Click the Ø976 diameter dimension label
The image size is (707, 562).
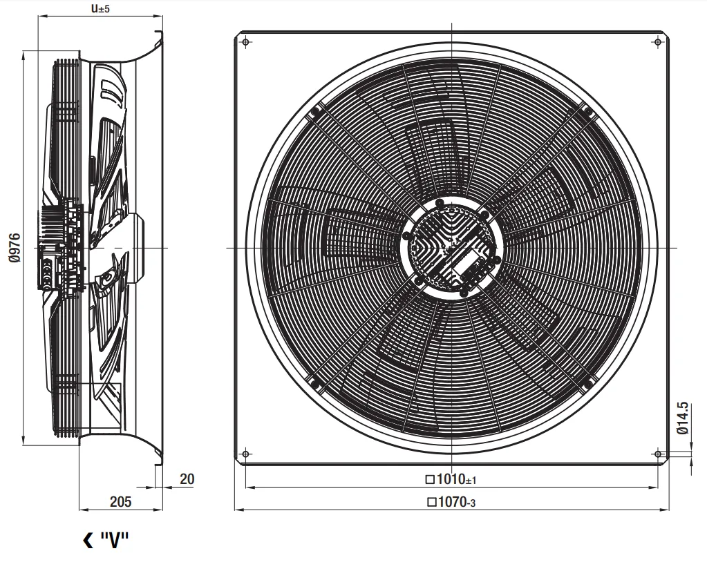(x=15, y=248)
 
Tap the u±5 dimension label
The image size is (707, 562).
(x=100, y=8)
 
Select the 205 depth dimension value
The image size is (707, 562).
(x=120, y=502)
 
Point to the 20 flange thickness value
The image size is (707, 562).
(x=187, y=479)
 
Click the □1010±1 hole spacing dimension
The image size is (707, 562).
(x=451, y=479)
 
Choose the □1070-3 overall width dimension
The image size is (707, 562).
(x=451, y=502)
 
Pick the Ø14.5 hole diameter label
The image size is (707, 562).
(x=683, y=418)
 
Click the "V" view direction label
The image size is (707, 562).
(x=115, y=539)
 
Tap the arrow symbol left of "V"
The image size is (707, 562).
(x=88, y=540)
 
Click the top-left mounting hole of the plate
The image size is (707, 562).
(x=246, y=42)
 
